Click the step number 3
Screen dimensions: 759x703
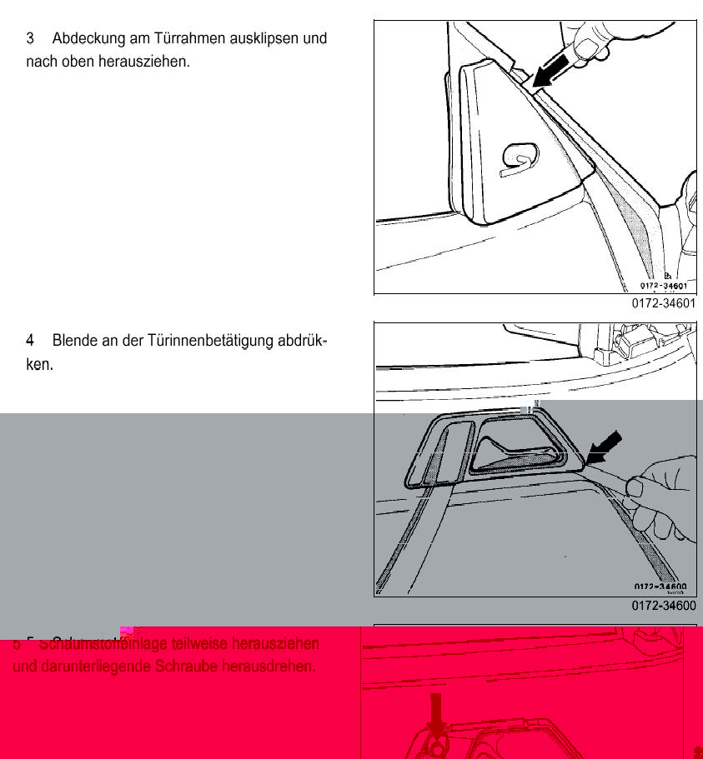click(31, 38)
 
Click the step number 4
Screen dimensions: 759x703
click(31, 340)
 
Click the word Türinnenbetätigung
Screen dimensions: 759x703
click(208, 340)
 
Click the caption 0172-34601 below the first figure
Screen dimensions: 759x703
click(663, 304)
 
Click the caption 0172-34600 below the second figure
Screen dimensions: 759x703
click(663, 607)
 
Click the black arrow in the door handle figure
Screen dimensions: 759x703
click(604, 447)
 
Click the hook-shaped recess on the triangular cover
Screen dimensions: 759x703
click(519, 158)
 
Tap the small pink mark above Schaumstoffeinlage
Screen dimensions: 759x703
click(127, 632)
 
